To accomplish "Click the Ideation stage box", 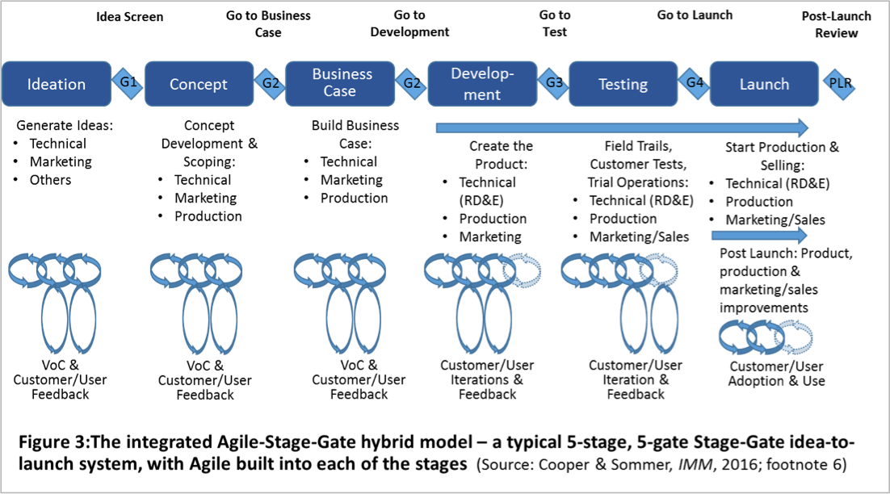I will click(x=56, y=84).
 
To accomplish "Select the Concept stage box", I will click(x=199, y=84).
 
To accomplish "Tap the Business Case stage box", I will click(x=341, y=82).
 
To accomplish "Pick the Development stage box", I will click(x=482, y=84).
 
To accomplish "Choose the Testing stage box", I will click(x=623, y=84).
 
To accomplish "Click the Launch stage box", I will click(x=764, y=84).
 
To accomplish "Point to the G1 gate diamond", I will click(x=128, y=82).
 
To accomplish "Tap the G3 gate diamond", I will click(x=554, y=82).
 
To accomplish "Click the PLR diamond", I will click(x=840, y=82).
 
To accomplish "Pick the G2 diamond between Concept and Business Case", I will click(x=270, y=82).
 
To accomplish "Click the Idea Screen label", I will click(x=128, y=17).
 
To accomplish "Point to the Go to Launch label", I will click(x=695, y=15).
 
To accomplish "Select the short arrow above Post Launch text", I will click(x=759, y=235).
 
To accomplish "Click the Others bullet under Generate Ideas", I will click(x=50, y=179).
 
